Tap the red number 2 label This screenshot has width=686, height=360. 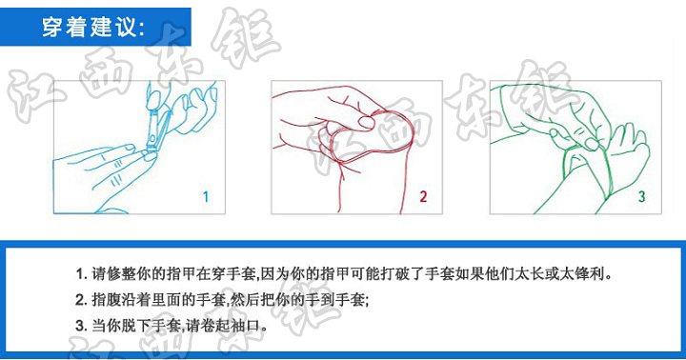pos(423,197)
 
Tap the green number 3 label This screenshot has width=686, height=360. pos(641,197)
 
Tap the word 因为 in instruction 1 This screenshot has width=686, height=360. pos(275,273)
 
